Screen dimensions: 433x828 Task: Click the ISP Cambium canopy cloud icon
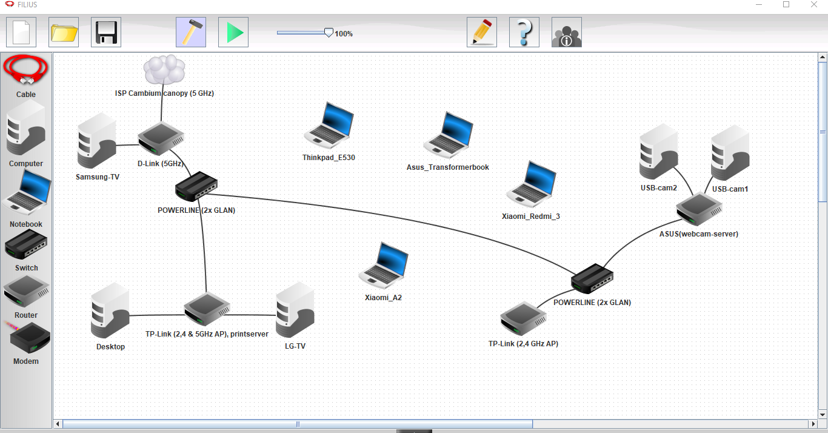pos(164,70)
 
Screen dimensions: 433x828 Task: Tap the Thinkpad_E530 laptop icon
pos(329,126)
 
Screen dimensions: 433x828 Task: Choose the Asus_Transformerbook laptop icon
pos(449,135)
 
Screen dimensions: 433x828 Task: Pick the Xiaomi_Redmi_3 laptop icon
pos(531,184)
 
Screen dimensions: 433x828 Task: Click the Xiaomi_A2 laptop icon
pos(384,266)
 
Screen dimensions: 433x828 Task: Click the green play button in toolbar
pos(233,32)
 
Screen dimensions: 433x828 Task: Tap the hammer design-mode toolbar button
pos(191,32)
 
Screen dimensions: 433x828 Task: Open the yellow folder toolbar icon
pos(64,32)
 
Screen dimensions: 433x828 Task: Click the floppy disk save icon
pos(106,32)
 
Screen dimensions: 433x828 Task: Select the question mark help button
pos(524,32)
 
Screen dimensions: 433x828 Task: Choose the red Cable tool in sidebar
pos(26,72)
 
